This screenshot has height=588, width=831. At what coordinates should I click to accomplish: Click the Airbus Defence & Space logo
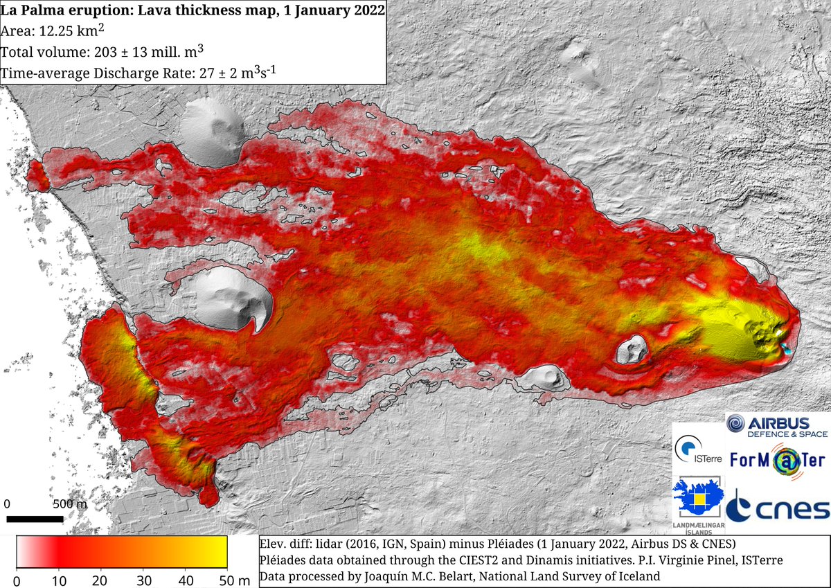(776, 425)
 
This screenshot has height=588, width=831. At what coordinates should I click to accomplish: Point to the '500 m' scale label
(70, 504)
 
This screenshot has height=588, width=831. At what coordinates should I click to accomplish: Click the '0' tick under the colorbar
(17, 579)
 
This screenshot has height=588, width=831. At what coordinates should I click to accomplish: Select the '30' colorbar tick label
(143, 579)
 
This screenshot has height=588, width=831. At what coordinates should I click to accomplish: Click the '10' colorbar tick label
(59, 579)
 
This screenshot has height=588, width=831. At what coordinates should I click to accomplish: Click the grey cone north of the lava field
(213, 132)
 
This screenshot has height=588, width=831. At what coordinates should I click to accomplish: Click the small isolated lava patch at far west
(38, 176)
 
